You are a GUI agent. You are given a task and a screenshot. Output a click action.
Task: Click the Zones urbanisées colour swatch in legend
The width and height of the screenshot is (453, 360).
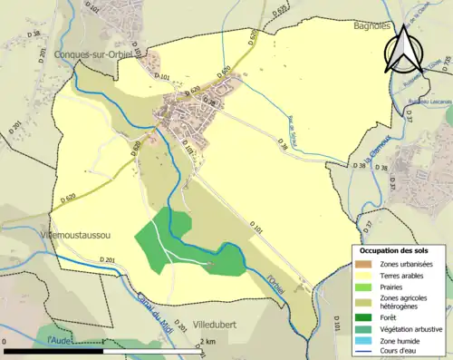point(364,264)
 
